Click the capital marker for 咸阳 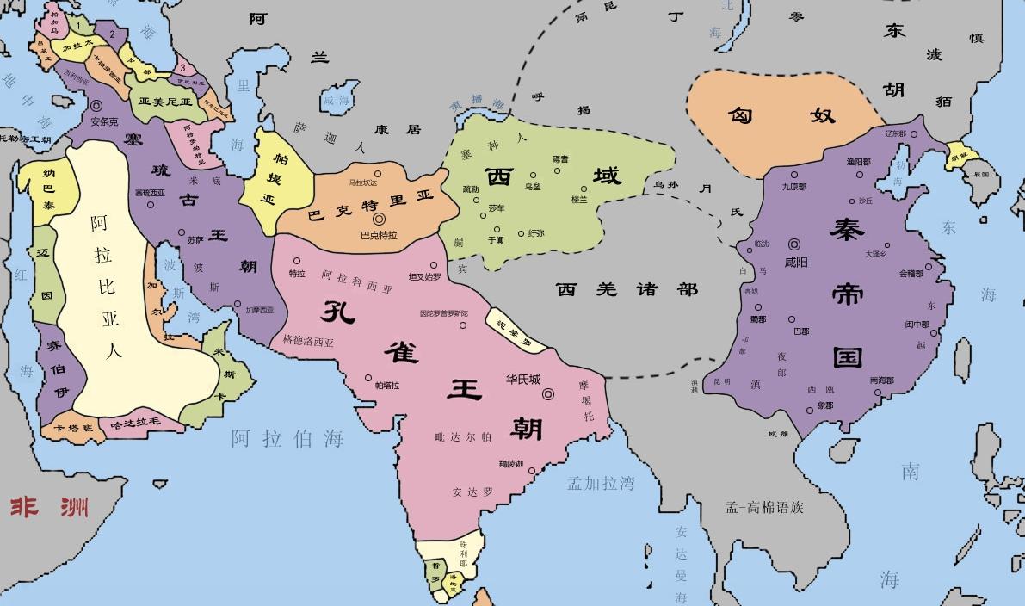794,244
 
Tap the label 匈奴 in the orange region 781,114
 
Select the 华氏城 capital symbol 547,394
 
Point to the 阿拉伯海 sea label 287,439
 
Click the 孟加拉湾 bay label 600,484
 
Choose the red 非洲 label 49,506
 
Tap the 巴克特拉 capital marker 379,220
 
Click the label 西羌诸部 626,289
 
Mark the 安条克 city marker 96,108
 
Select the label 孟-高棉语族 764,507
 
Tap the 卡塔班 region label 72,428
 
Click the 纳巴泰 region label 49,189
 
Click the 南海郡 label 881,380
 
